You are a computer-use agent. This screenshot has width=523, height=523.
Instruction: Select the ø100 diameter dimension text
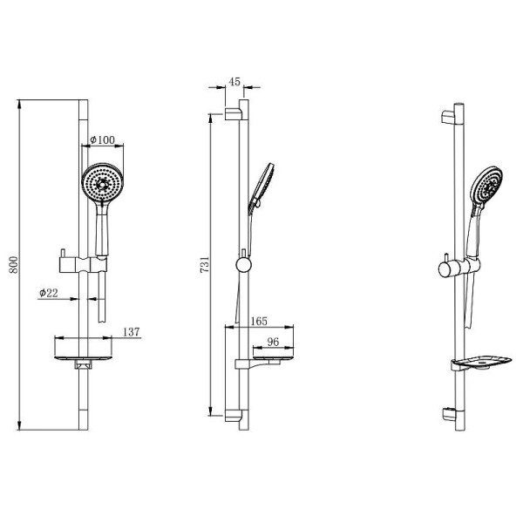(104, 140)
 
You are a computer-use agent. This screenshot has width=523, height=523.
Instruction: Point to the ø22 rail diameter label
(48, 294)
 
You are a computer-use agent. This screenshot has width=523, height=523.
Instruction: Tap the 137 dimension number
(132, 332)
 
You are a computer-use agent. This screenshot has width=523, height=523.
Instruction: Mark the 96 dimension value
(273, 343)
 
